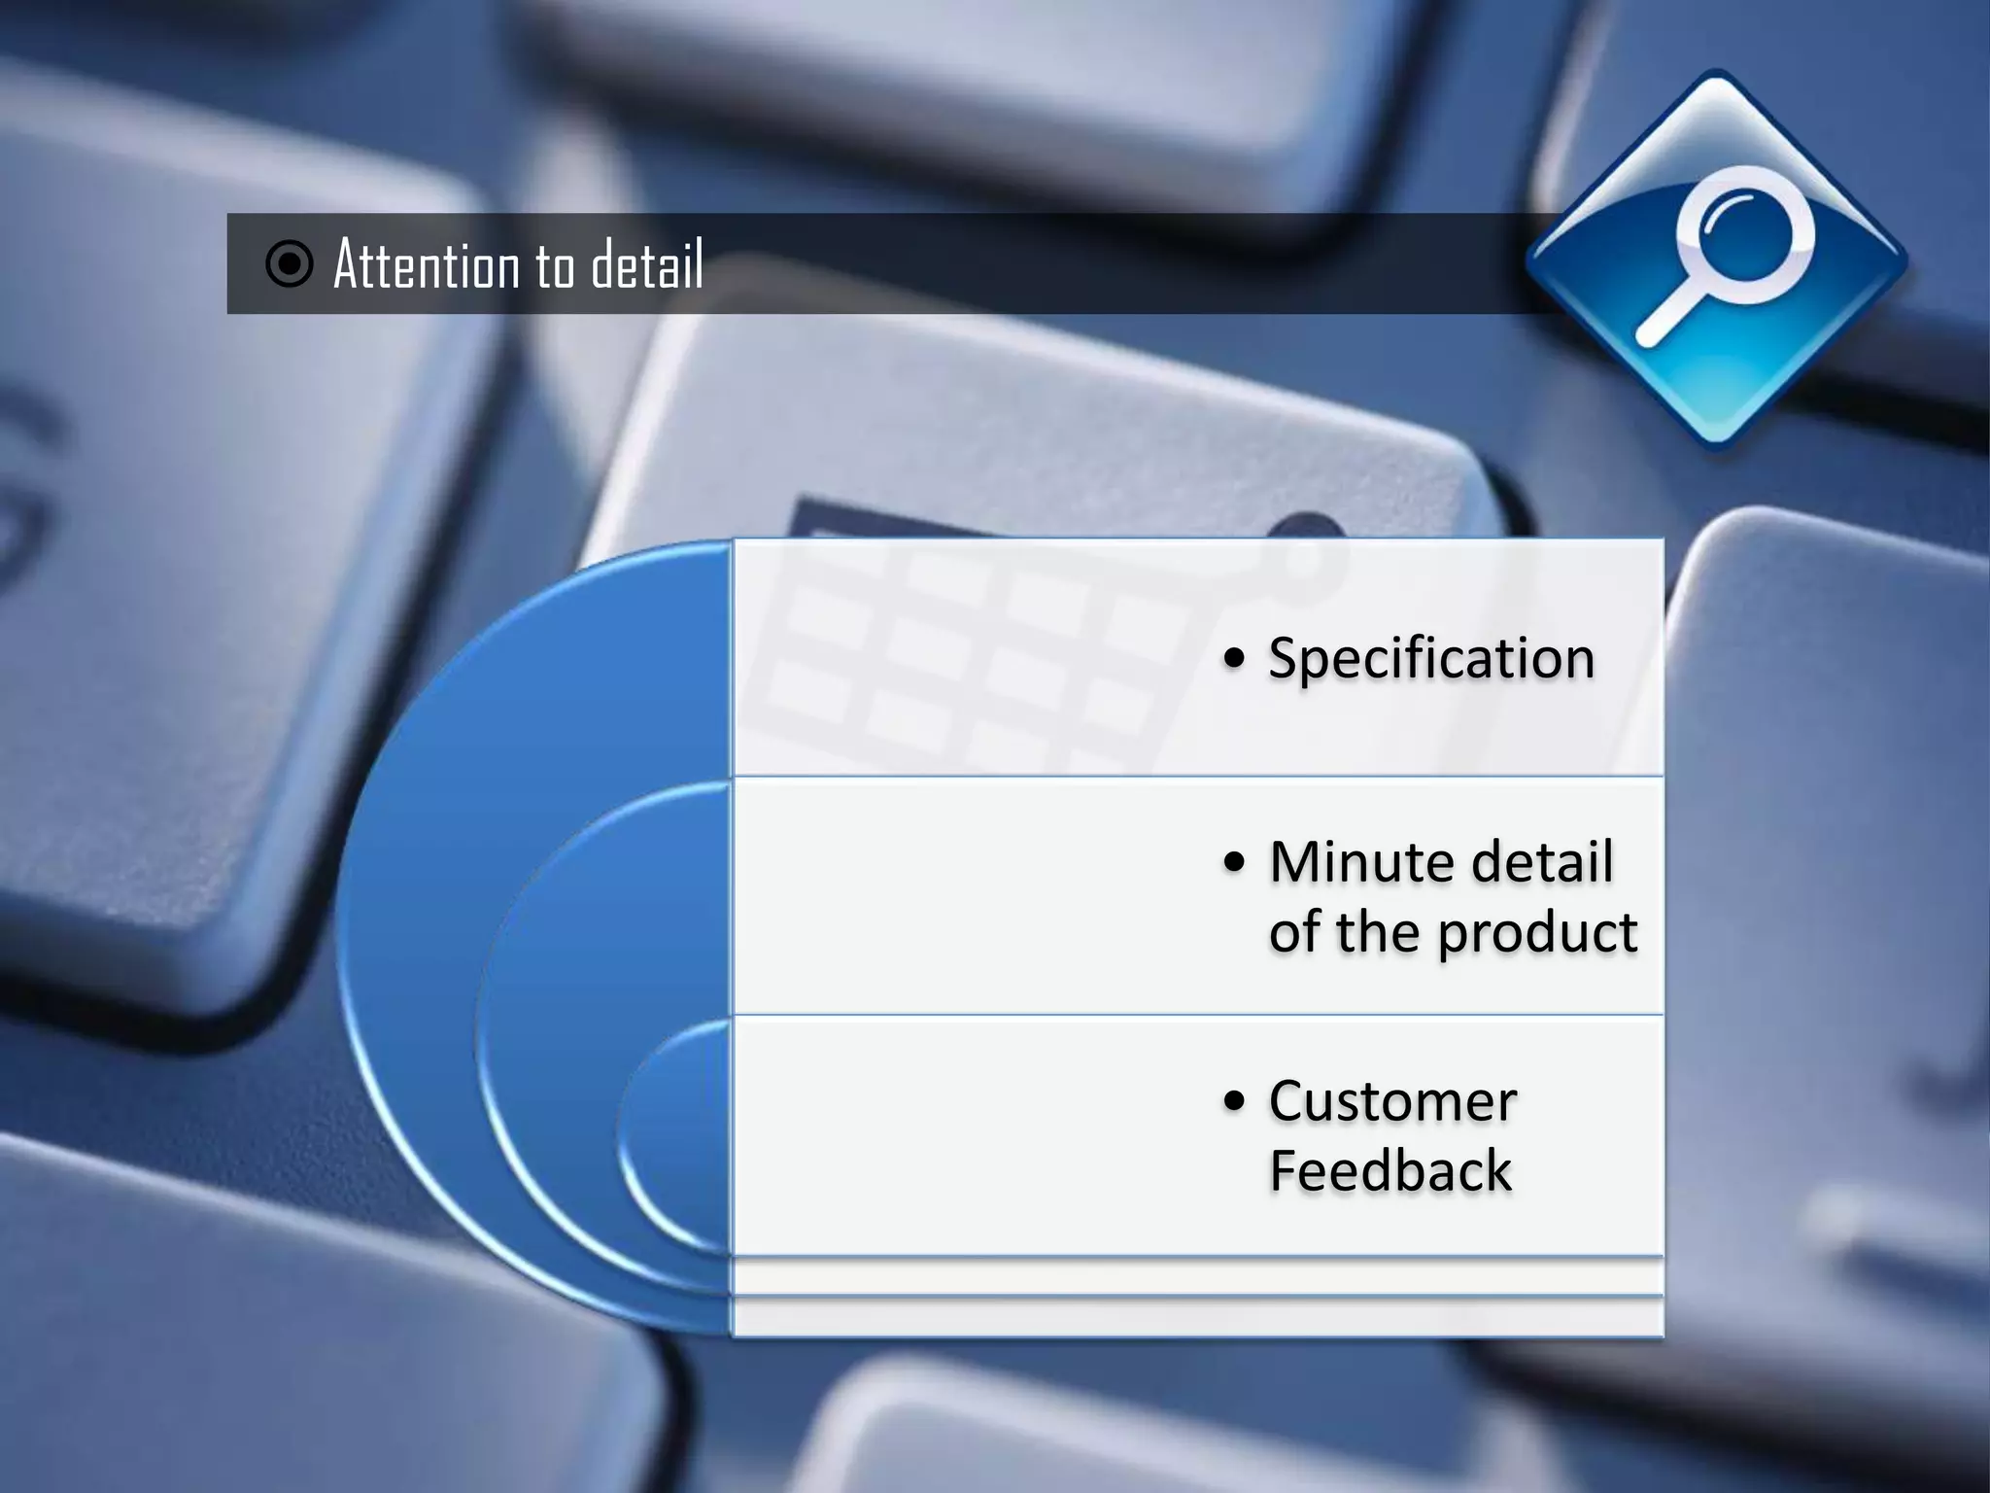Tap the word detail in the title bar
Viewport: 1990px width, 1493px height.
click(647, 264)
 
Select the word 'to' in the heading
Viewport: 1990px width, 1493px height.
click(555, 266)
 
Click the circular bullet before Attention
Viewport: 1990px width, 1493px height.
click(289, 263)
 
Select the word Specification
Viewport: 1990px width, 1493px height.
click(1430, 658)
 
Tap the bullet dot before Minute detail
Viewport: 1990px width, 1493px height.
click(1234, 862)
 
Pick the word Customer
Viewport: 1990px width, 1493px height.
click(1391, 1101)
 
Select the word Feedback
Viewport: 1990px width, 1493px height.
click(1390, 1170)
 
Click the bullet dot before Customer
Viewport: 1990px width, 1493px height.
click(1234, 1101)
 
